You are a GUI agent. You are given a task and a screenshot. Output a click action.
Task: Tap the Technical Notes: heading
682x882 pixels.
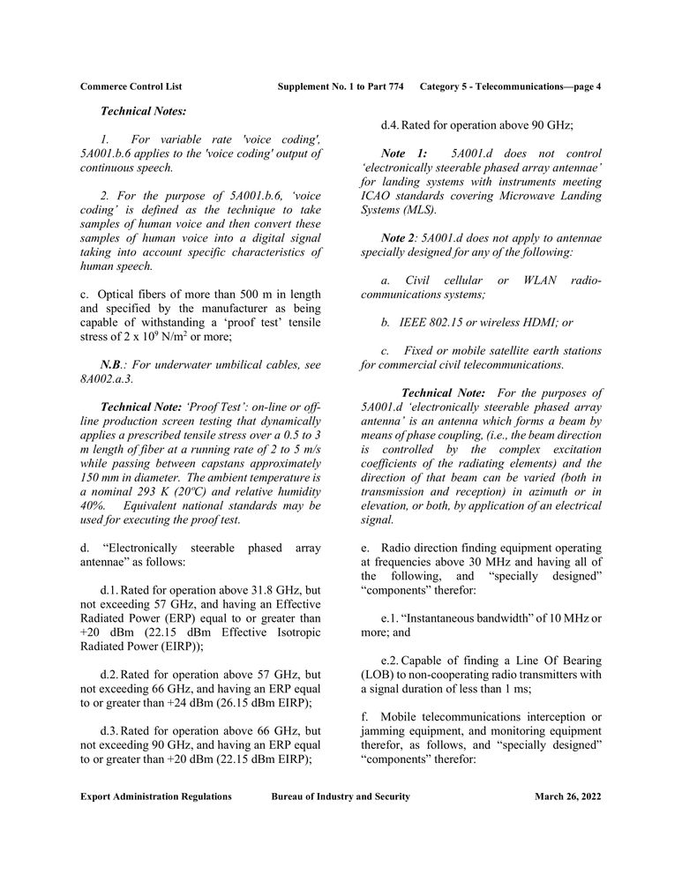[143, 111]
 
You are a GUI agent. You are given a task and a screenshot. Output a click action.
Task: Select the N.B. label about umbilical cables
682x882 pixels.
[112, 364]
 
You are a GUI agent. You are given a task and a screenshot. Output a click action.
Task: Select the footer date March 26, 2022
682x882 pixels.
[567, 796]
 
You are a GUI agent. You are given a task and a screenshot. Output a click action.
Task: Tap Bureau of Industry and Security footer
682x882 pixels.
[341, 796]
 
